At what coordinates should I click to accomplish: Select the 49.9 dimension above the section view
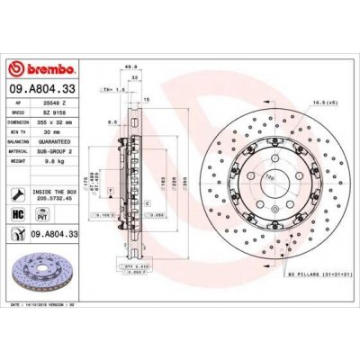(133, 66)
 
